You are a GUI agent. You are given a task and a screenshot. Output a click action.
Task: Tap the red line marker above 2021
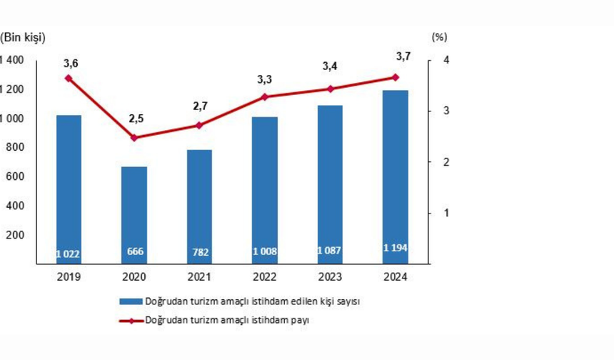pyautogui.click(x=199, y=125)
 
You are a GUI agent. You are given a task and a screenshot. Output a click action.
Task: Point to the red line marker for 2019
pyautogui.click(x=69, y=77)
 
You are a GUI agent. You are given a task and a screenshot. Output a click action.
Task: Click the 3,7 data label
pyautogui.click(x=395, y=56)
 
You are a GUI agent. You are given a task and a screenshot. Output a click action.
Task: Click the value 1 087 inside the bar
pyautogui.click(x=330, y=251)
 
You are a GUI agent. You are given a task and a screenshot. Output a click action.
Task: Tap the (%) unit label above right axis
pyautogui.click(x=439, y=36)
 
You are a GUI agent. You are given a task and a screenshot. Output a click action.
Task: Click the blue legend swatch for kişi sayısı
pyautogui.click(x=129, y=301)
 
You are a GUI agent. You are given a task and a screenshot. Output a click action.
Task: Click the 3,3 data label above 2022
pyautogui.click(x=264, y=80)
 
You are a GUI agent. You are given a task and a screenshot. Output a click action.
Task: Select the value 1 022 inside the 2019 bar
pyautogui.click(x=69, y=252)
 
